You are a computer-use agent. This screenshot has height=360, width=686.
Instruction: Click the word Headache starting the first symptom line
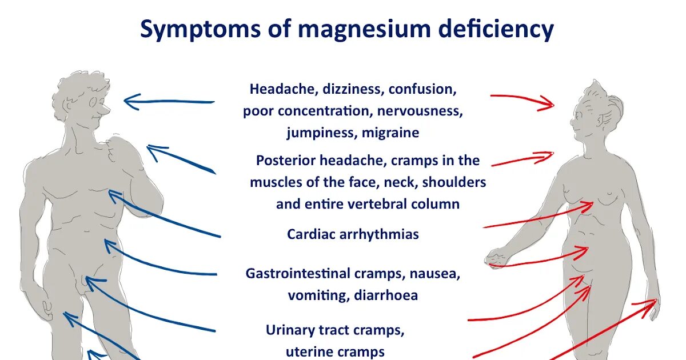[x=284, y=89]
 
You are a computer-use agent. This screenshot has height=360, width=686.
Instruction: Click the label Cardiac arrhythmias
[x=353, y=234]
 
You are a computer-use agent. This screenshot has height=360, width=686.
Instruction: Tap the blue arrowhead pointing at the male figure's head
[x=129, y=102]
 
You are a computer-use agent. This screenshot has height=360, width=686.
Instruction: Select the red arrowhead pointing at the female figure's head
[x=549, y=105]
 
